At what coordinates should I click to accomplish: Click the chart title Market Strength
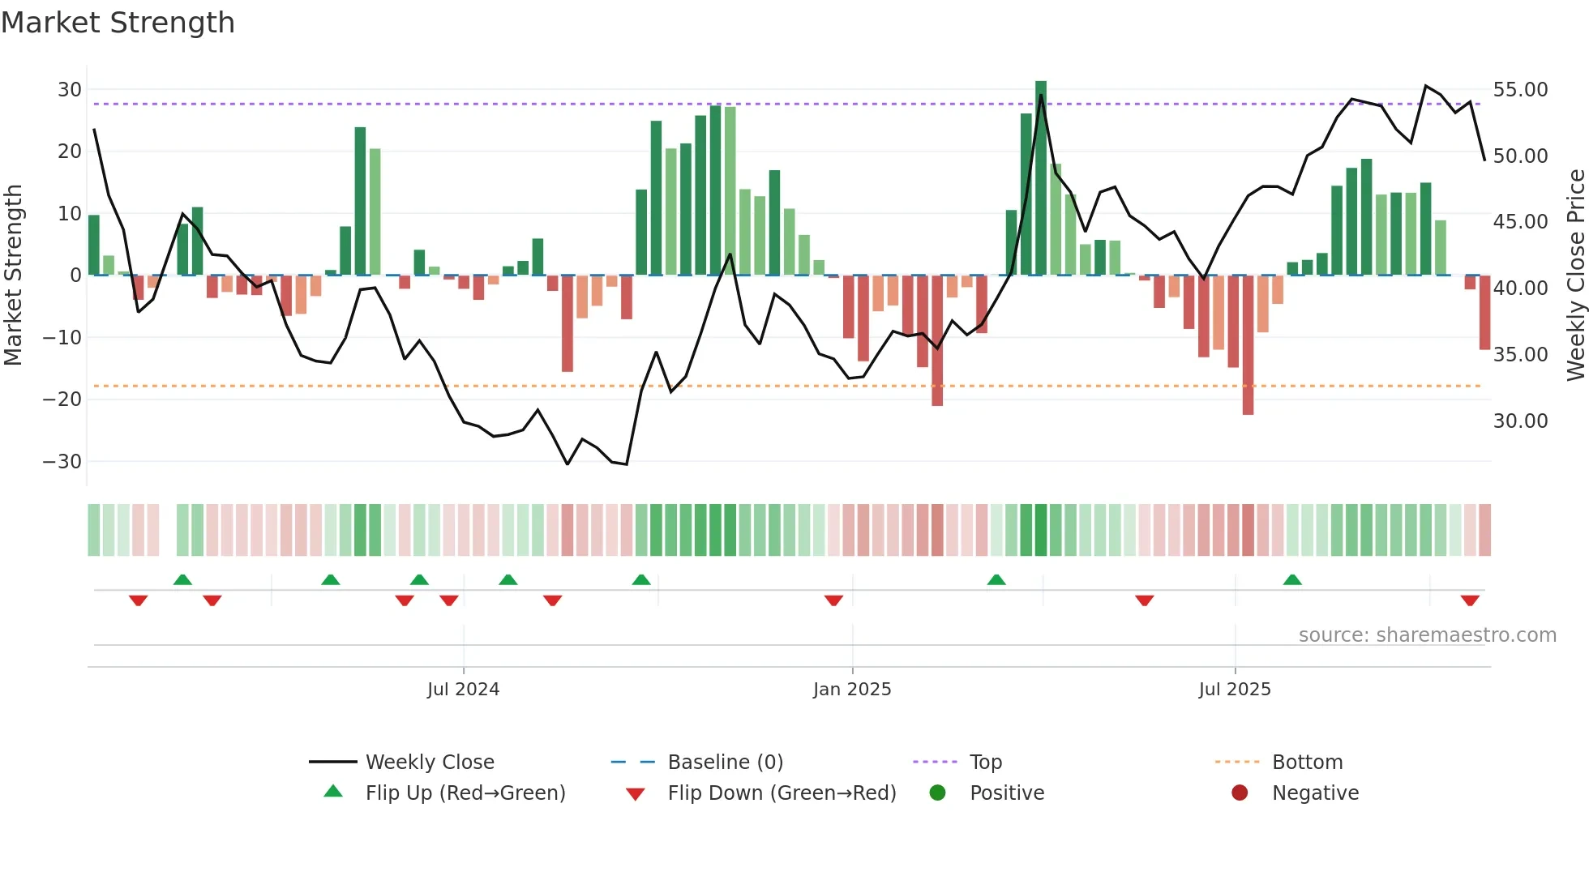pyautogui.click(x=118, y=23)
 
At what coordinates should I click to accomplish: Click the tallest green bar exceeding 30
pyautogui.click(x=1041, y=177)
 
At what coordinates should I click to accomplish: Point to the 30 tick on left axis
pyautogui.click(x=70, y=90)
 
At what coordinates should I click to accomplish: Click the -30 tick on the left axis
pyautogui.click(x=62, y=462)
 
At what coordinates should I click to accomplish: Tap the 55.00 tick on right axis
pyautogui.click(x=1520, y=90)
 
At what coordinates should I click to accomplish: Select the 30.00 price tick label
pyautogui.click(x=1520, y=421)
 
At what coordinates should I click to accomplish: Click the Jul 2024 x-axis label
pyautogui.click(x=463, y=690)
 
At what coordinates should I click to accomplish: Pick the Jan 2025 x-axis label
pyautogui.click(x=852, y=690)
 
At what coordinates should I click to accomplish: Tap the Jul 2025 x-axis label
pyautogui.click(x=1235, y=690)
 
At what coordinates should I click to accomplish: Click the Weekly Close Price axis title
pyautogui.click(x=1575, y=275)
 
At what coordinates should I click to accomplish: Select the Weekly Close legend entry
pyautogui.click(x=429, y=763)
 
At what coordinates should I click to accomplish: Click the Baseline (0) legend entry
pyautogui.click(x=725, y=763)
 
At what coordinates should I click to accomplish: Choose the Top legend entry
pyautogui.click(x=985, y=763)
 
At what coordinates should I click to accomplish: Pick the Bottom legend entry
pyautogui.click(x=1307, y=763)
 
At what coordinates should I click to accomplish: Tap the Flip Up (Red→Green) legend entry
pyautogui.click(x=465, y=793)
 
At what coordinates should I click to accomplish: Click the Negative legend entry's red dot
pyautogui.click(x=1240, y=793)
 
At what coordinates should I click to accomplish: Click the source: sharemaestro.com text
pyautogui.click(x=1427, y=635)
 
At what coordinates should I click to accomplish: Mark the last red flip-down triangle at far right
pyautogui.click(x=1470, y=600)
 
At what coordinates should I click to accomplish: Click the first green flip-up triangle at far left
pyautogui.click(x=182, y=579)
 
